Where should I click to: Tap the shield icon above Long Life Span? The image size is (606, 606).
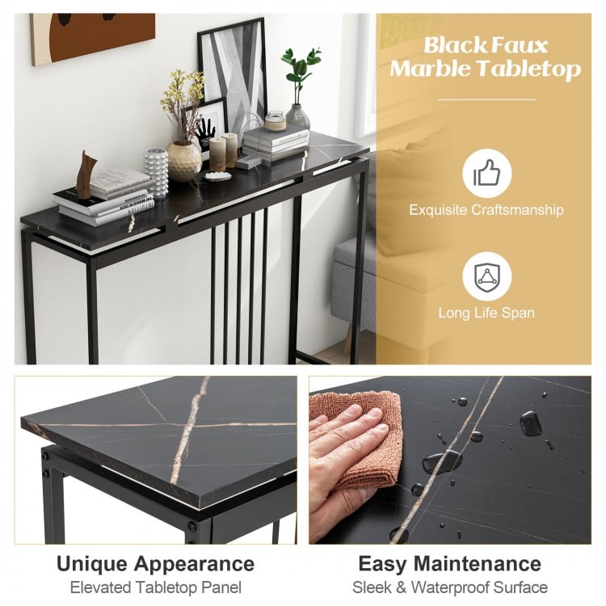point(486,276)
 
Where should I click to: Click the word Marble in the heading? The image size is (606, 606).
point(427,69)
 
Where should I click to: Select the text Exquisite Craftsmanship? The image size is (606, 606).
point(486,210)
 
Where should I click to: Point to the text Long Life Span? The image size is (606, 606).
point(486,313)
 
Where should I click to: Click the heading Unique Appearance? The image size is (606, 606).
point(155,563)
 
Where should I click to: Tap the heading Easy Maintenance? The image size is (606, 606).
point(450,563)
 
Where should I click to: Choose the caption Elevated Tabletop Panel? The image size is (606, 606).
point(155,587)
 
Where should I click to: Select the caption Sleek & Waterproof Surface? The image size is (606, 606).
point(450,587)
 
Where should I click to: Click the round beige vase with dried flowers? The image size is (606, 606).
point(183,160)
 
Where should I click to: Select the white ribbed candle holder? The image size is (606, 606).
point(156,170)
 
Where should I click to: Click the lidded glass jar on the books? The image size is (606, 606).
point(276,121)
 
